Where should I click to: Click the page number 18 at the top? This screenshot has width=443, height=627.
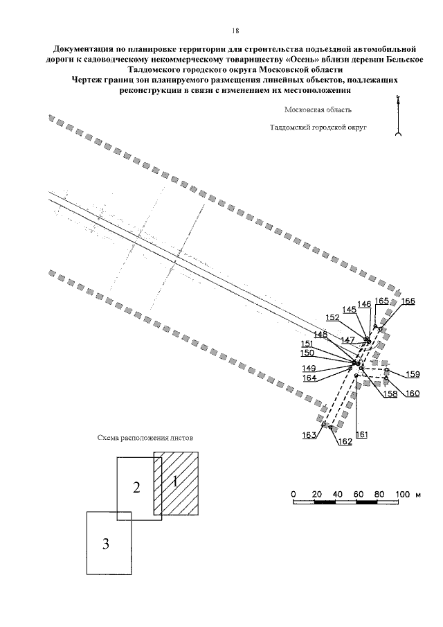[235, 32]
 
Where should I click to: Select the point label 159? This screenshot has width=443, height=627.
[413, 374]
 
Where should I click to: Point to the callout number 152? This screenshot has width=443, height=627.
[332, 317]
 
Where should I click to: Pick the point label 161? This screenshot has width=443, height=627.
[360, 434]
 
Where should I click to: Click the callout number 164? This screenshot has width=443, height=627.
[309, 378]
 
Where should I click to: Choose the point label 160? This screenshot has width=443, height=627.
[413, 394]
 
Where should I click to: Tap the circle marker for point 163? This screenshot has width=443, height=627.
[323, 423]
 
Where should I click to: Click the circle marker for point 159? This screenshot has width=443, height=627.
[386, 371]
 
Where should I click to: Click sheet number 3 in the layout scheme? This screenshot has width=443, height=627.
[106, 544]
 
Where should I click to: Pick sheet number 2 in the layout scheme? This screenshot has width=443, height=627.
[137, 487]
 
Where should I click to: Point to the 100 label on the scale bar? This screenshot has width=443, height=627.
[404, 493]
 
